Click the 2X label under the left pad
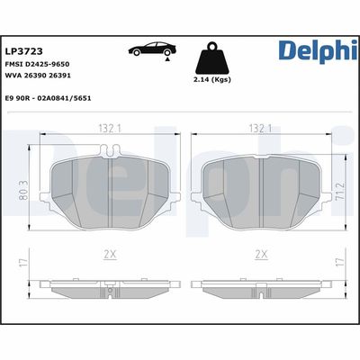[110, 256]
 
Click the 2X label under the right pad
[261, 256]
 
